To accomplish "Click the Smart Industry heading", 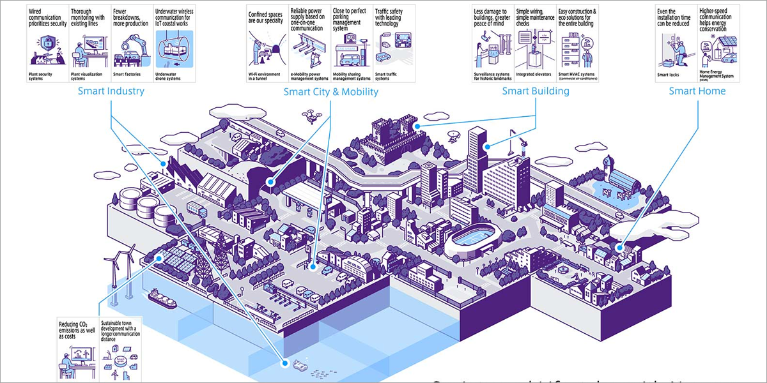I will pos(111,91).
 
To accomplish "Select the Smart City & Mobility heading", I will pos(330,92).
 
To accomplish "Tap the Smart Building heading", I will pos(535,91).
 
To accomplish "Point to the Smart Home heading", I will pos(697,91).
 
